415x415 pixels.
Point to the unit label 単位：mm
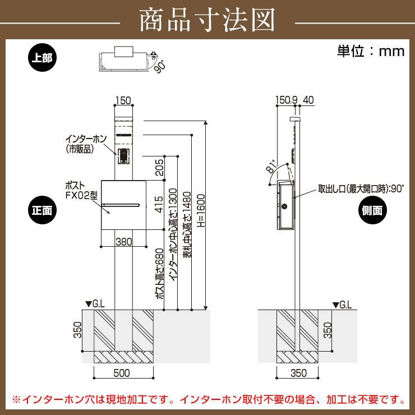coord(370,51)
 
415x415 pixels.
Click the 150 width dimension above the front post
coord(123,101)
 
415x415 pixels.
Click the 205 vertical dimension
coord(159,166)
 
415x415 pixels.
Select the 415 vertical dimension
coord(159,204)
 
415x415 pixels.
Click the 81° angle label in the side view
coord(271,166)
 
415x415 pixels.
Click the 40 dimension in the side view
coord(308,101)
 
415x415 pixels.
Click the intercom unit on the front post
coord(123,155)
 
